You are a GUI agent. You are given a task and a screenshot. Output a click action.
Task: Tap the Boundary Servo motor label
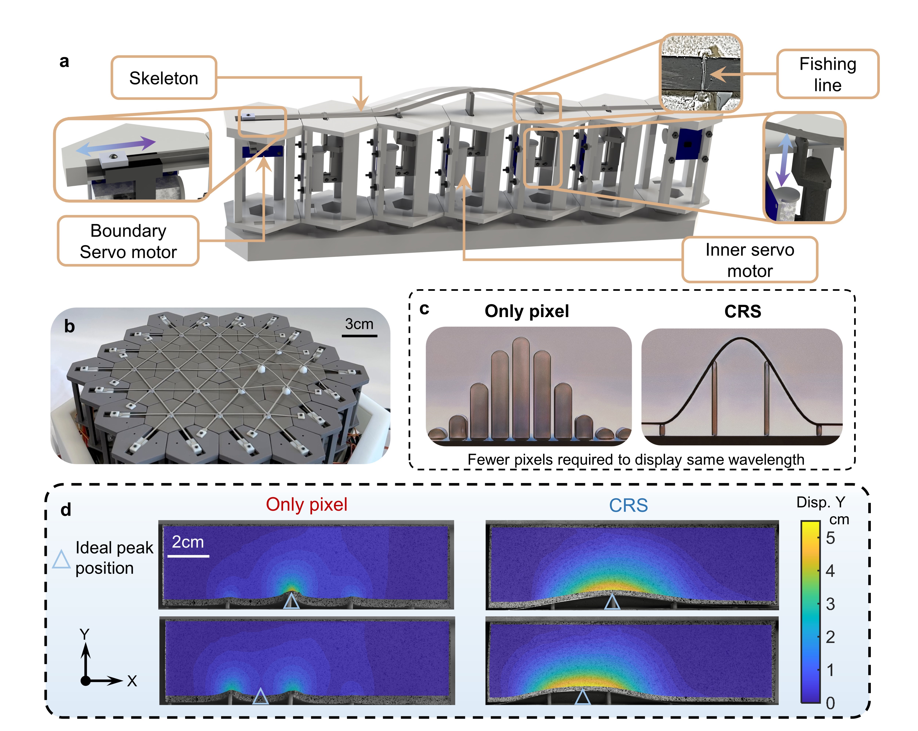(x=128, y=241)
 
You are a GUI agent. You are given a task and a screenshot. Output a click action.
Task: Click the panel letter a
(x=64, y=62)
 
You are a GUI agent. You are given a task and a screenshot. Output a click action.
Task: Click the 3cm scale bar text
(x=359, y=324)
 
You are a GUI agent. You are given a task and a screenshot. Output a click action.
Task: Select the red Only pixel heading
(x=307, y=504)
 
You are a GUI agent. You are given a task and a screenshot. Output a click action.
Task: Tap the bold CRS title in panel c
(x=743, y=311)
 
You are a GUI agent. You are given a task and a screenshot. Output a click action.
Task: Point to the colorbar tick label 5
(x=830, y=538)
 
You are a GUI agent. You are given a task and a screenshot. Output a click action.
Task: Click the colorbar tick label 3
(x=830, y=604)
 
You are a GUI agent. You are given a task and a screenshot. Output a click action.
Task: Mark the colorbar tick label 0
(x=830, y=703)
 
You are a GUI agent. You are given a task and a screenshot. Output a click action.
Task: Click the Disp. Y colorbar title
(x=821, y=502)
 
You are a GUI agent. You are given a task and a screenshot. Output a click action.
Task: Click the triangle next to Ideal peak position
(x=61, y=559)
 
